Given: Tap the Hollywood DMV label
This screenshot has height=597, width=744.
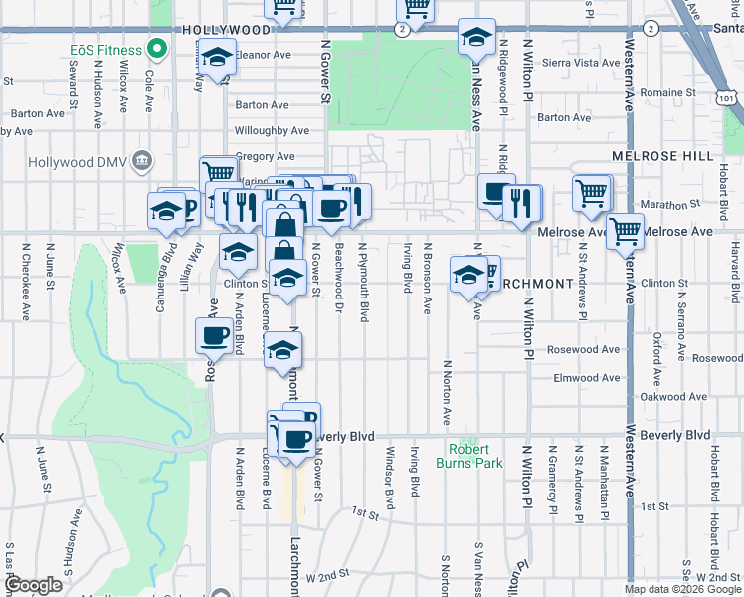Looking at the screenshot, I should tap(79, 161).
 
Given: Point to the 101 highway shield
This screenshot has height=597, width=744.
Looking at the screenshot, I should tap(731, 99).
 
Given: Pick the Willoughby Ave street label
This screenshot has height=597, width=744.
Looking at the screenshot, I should tap(272, 130).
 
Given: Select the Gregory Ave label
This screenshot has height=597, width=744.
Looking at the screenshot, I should tap(267, 156).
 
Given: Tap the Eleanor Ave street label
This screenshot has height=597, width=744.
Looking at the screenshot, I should tap(263, 56).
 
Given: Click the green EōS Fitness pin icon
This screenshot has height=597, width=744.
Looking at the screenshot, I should tap(156, 48).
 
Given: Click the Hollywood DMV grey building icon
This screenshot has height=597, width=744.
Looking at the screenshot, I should tap(142, 160).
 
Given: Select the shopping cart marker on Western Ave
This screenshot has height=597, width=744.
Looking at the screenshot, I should tap(626, 232).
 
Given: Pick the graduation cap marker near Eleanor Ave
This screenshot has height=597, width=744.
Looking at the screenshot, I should tap(217, 60).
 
